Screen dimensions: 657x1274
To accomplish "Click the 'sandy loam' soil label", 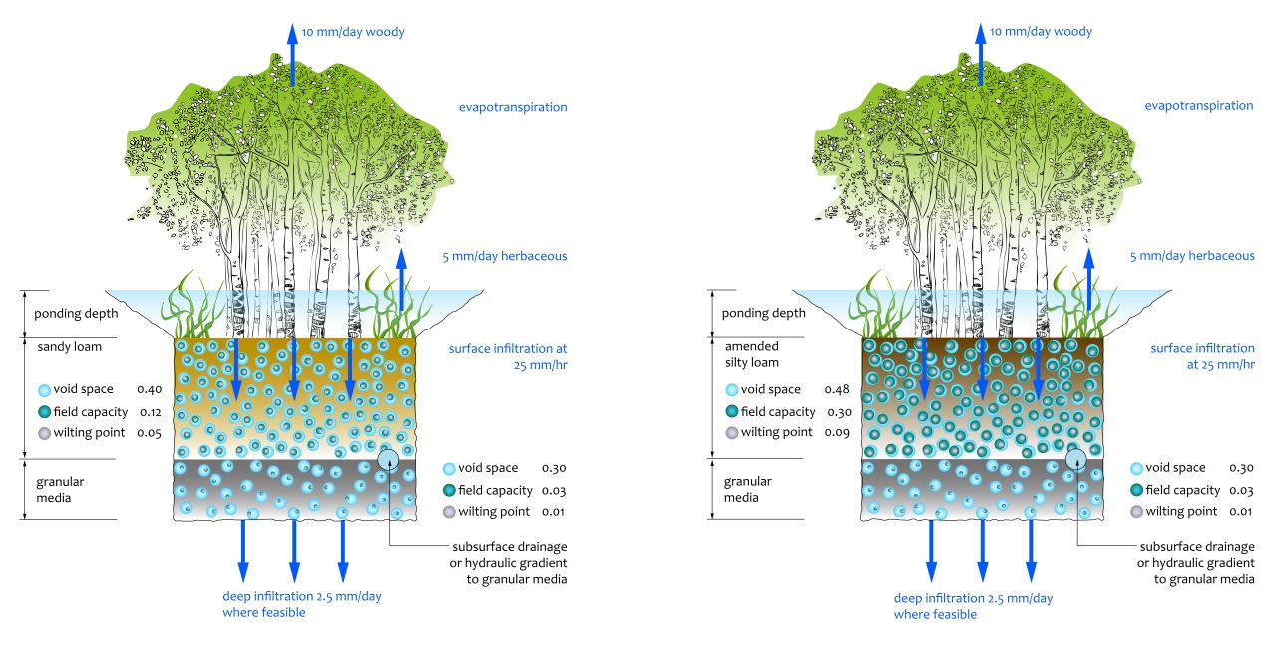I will coord(64,348).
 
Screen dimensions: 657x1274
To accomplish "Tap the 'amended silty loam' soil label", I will coord(753,354).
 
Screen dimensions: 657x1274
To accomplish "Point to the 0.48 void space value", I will coord(836,389).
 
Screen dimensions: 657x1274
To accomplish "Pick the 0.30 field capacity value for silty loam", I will coord(836,411).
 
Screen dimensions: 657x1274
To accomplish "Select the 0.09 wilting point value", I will coord(836,433).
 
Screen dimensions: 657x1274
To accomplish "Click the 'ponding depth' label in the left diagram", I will coord(76,313).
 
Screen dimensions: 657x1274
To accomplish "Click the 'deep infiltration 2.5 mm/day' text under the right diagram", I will coord(973,598).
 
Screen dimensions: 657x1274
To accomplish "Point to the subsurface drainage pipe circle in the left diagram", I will coord(389,459).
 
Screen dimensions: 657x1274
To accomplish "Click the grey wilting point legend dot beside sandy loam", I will coord(43,433).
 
